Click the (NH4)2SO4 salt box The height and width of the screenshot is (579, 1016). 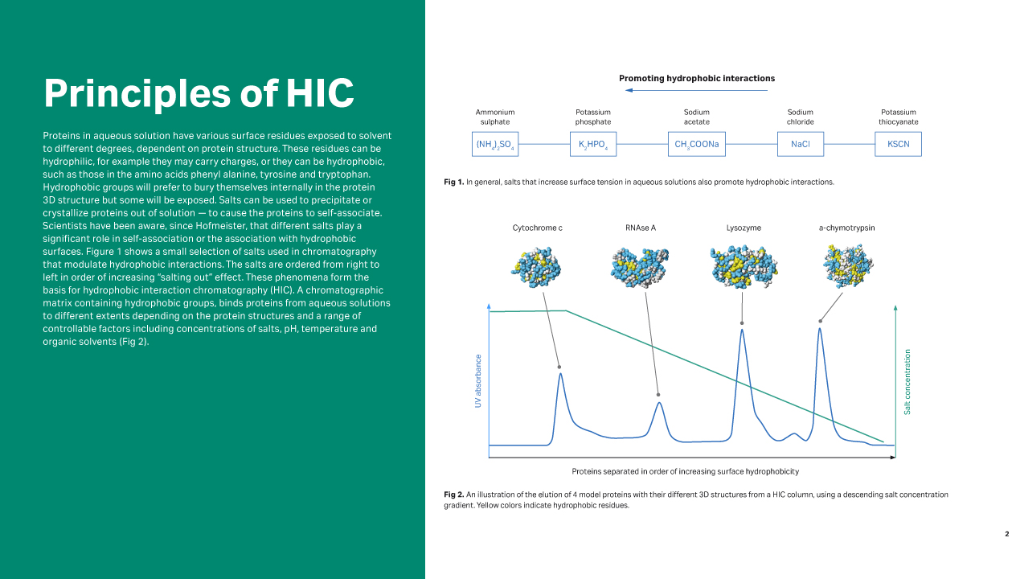pos(494,144)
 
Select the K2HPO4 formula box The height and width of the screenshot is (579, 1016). pos(593,144)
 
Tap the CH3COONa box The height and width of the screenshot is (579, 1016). pos(696,144)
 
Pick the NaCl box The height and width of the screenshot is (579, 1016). pos(800,144)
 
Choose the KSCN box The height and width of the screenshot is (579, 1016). pos(898,144)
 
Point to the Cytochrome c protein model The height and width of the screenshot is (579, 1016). pos(537,265)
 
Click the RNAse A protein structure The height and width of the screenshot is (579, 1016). pos(640,266)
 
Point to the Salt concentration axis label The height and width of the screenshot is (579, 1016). pos(907,381)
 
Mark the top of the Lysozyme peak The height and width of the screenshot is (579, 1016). pos(741,329)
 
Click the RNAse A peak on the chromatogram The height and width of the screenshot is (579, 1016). pos(659,402)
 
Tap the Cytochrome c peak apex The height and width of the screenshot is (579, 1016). pos(560,373)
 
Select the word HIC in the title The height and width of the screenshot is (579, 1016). pos(320,92)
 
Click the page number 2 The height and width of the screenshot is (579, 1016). pos(1006,534)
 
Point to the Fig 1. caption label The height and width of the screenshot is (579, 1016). pos(454,183)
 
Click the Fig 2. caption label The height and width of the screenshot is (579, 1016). pos(454,495)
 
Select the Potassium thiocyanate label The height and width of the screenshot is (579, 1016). pos(898,117)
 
